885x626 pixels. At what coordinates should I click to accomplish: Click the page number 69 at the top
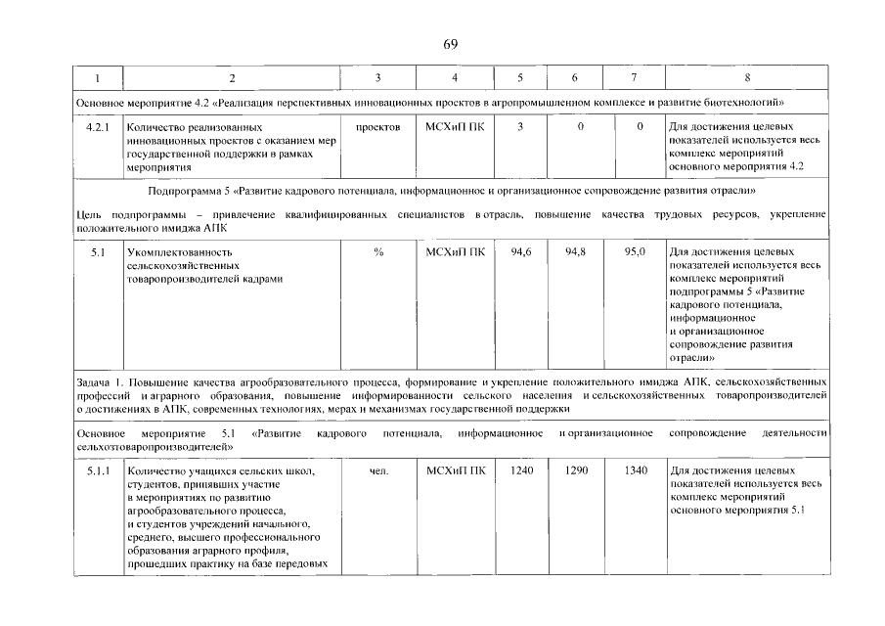(450, 44)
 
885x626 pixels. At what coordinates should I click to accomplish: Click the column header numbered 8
(747, 78)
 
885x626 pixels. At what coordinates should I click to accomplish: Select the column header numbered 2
(232, 78)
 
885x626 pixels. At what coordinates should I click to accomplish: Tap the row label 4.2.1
(99, 127)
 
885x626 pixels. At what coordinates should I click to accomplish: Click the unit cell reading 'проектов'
(377, 127)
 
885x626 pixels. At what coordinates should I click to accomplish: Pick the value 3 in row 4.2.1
(520, 127)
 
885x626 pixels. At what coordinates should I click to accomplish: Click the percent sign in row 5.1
(377, 252)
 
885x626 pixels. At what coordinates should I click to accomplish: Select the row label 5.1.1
(99, 472)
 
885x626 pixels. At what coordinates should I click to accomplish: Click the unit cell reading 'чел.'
(379, 472)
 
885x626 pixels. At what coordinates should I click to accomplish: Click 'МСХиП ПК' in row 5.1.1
(455, 472)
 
